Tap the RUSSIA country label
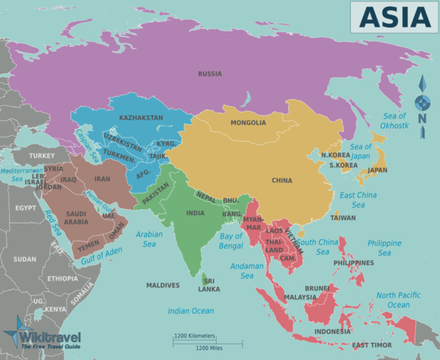click(x=210, y=73)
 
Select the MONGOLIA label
click(x=248, y=123)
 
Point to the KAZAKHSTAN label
click(x=141, y=118)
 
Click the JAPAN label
click(x=377, y=170)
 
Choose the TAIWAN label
click(x=343, y=217)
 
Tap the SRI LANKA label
click(x=209, y=284)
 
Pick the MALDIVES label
click(x=163, y=285)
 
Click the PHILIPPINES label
click(x=354, y=263)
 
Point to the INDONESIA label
click(x=332, y=331)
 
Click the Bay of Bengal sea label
click(x=231, y=241)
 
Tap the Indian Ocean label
click(x=191, y=311)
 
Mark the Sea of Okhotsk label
click(x=394, y=121)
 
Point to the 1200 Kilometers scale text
click(x=194, y=336)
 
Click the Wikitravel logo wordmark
click(x=51, y=337)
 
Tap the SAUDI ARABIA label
click(x=76, y=217)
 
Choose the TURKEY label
click(x=42, y=155)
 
